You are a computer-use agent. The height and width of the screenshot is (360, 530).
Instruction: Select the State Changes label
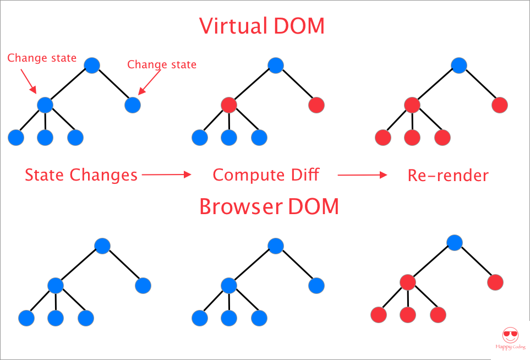(x=81, y=175)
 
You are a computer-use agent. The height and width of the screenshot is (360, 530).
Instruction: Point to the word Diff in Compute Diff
(x=302, y=175)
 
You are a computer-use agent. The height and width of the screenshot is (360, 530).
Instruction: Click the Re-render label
(x=448, y=175)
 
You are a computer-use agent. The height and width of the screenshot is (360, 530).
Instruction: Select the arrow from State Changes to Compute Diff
(x=166, y=175)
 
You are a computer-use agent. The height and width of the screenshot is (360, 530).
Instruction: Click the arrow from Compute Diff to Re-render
(x=362, y=175)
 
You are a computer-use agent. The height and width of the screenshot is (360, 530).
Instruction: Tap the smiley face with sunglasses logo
(x=510, y=335)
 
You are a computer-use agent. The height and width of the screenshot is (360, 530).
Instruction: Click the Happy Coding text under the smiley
(x=510, y=347)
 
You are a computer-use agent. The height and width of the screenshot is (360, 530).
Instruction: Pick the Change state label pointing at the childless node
(x=162, y=64)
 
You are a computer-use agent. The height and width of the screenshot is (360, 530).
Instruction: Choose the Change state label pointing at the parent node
(x=42, y=58)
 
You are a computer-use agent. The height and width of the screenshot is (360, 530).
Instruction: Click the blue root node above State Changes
(x=92, y=66)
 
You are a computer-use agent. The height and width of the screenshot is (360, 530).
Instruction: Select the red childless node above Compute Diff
(x=316, y=105)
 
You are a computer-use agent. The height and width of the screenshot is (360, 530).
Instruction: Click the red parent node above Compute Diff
(x=228, y=105)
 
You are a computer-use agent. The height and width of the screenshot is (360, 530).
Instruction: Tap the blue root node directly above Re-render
(x=458, y=66)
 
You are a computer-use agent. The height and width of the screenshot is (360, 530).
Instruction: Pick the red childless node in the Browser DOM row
(x=495, y=282)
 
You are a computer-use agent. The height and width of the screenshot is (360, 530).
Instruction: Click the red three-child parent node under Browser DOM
(x=408, y=282)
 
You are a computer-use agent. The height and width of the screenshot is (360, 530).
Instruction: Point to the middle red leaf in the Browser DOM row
(x=408, y=315)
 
